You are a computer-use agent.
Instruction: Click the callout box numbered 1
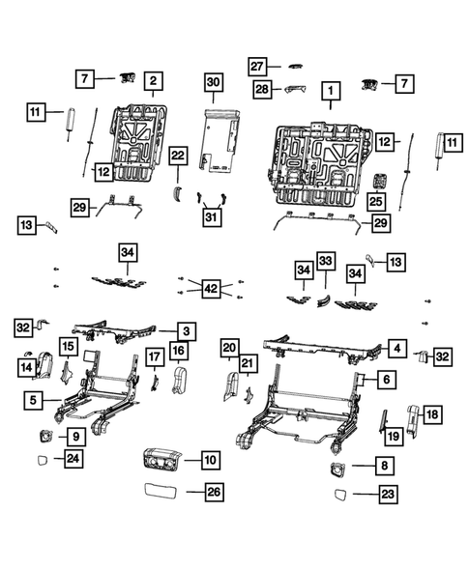[x=331, y=93]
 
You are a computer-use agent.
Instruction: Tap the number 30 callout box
[x=214, y=84]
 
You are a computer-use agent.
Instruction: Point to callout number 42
[x=211, y=286]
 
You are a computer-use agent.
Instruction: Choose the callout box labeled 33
[x=326, y=261]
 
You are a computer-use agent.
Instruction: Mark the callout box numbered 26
[x=214, y=492]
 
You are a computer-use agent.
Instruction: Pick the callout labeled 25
[x=375, y=201]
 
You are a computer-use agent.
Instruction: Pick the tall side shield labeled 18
[x=410, y=417]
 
